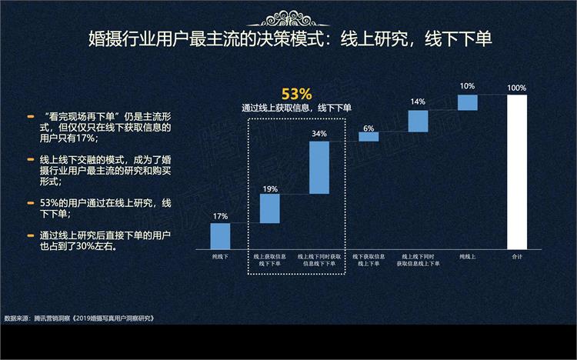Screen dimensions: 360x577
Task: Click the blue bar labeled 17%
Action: click(220, 235)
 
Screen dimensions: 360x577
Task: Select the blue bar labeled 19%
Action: click(269, 208)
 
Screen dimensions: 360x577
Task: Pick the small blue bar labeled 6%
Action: click(369, 136)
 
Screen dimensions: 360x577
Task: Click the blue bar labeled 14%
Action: click(418, 121)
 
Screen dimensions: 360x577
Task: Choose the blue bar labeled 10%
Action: click(468, 102)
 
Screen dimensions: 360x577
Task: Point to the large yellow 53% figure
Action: click(296, 94)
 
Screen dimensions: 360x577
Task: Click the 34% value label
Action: click(319, 134)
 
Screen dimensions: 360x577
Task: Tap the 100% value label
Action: click(517, 88)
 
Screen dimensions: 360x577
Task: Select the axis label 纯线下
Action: click(220, 256)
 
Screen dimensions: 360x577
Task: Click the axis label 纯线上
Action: click(468, 256)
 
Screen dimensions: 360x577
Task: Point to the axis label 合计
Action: click(517, 256)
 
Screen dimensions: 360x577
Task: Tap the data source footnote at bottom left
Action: click(85, 317)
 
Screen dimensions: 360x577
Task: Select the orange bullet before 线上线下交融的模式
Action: click(31, 159)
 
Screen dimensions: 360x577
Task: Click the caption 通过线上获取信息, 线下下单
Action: click(296, 108)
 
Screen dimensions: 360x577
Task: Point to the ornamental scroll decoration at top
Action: click(289, 10)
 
